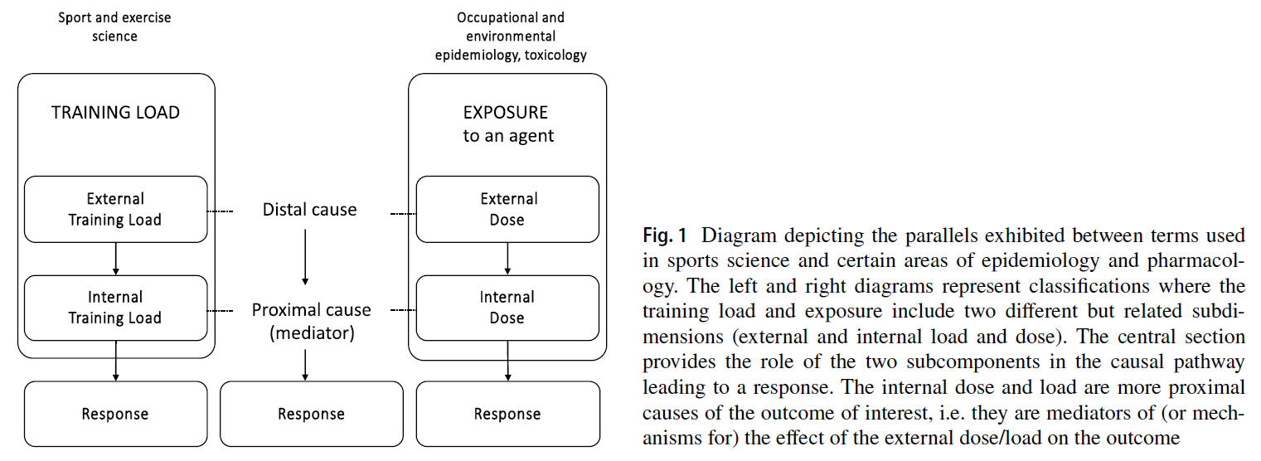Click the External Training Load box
115,209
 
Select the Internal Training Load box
115,308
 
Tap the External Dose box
507,209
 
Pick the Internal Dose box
507,308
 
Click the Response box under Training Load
115,414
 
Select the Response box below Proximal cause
311,414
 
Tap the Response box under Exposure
507,414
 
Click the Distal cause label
310,210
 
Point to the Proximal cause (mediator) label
311,321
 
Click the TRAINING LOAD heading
115,113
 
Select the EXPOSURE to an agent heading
507,124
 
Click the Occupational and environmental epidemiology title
511,36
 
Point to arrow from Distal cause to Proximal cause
306,257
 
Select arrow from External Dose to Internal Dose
507,259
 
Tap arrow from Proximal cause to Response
306,364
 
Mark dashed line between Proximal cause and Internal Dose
402,310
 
